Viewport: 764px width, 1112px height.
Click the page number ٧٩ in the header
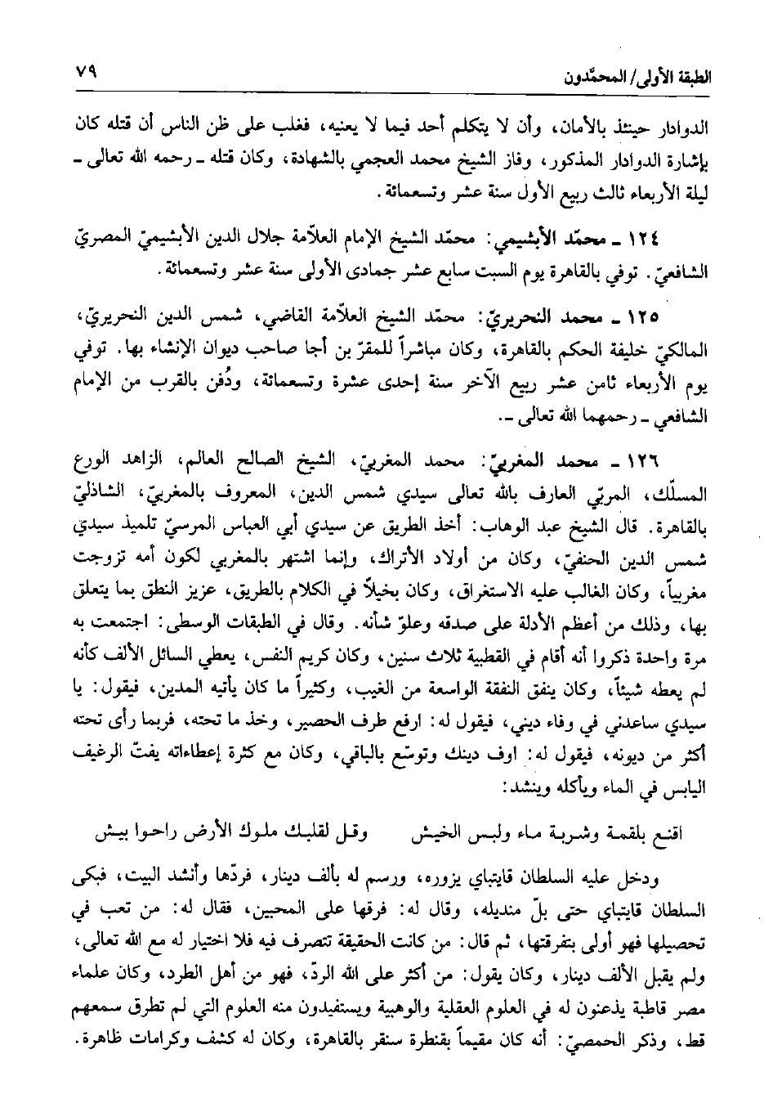click(x=85, y=72)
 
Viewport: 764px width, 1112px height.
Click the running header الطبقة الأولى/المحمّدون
click(x=644, y=77)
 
